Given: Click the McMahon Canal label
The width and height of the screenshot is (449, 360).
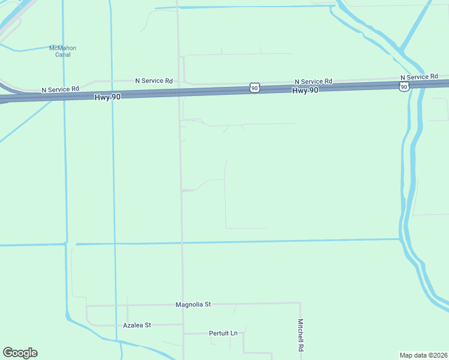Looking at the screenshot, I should [x=62, y=51].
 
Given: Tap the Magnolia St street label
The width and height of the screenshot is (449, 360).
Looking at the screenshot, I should [x=193, y=304].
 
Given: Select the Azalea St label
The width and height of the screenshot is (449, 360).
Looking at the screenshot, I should [x=137, y=325].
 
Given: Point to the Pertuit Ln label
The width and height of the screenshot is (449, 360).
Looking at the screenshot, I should [x=223, y=333].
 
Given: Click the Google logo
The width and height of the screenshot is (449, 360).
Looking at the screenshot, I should [x=20, y=353].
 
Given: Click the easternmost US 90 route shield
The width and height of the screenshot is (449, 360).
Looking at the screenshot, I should [x=405, y=87].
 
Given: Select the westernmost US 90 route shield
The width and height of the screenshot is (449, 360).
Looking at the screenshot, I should [x=255, y=88].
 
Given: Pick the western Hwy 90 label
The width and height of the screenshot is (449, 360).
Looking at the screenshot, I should [x=107, y=96].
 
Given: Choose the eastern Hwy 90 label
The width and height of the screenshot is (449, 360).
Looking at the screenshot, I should [x=305, y=90].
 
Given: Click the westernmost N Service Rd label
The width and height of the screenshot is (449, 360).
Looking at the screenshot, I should [x=60, y=89].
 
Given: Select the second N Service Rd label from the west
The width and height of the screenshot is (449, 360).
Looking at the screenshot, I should [x=154, y=80].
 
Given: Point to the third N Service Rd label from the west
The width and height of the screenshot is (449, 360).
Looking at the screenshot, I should [x=313, y=82].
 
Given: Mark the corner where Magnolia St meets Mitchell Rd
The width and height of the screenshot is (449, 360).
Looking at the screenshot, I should [x=300, y=303].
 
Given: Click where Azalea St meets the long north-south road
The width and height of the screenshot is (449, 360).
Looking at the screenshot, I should [x=182, y=325].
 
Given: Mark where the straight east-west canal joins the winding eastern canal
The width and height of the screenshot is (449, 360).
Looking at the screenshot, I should [x=400, y=239].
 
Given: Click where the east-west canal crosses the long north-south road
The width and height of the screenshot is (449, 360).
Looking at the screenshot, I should [x=182, y=243].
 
